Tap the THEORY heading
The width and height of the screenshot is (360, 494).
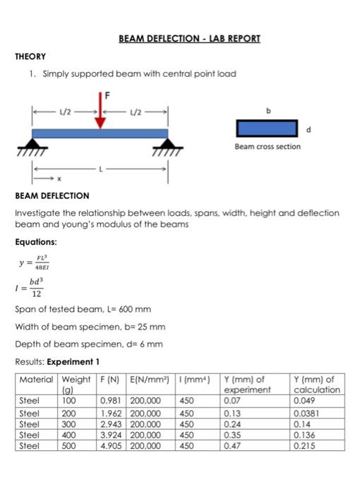pyautogui.click(x=30, y=55)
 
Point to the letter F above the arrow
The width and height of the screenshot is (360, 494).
pyautogui.click(x=108, y=92)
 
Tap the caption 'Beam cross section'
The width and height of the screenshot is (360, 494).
pyautogui.click(x=267, y=147)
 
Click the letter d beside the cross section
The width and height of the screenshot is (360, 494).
pyautogui.click(x=306, y=128)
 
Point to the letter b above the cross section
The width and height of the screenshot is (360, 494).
pyautogui.click(x=268, y=110)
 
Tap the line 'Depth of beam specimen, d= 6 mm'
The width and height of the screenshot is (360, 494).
pyautogui.click(x=89, y=344)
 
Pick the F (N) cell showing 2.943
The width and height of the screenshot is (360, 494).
pyautogui.click(x=112, y=426)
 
